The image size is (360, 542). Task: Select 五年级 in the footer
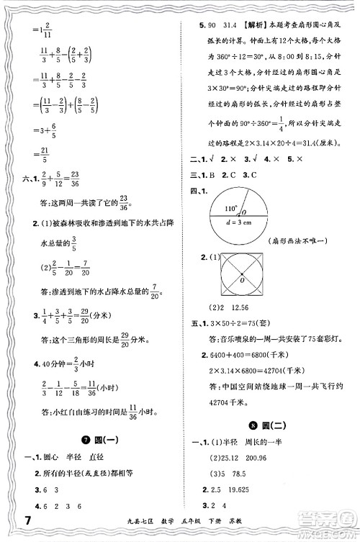(x=203, y=522)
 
